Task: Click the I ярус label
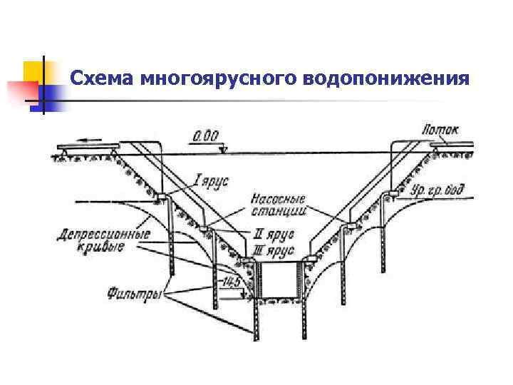click(x=211, y=181)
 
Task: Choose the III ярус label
click(x=274, y=250)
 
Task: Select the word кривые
click(x=100, y=247)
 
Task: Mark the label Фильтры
click(x=134, y=292)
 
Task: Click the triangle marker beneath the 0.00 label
click(x=224, y=150)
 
